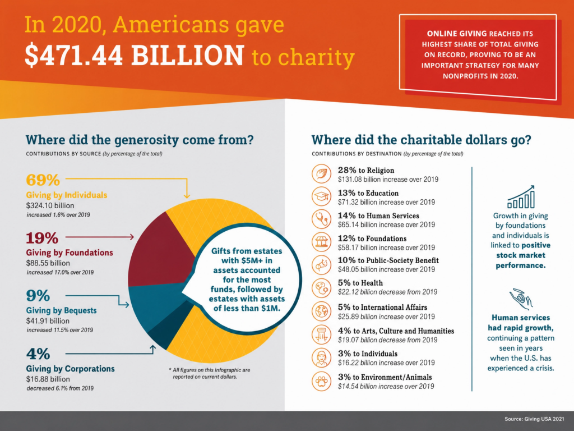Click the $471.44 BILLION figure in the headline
pos(134,56)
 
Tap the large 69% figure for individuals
pos(43,180)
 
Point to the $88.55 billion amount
pos(48,263)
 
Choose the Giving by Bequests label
pos(61,310)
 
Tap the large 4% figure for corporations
pos(38,354)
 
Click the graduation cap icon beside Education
pos(321,196)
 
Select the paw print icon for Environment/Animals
pos(321,381)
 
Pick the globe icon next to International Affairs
pos(321,311)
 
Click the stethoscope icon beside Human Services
pos(321,219)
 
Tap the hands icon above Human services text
pos(521,299)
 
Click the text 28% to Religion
pos(366,170)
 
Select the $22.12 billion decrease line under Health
pos(388,292)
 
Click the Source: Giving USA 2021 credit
pos(534,419)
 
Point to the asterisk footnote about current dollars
pos(210,373)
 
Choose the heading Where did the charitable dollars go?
pos(422,140)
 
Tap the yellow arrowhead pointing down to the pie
pos(187,195)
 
